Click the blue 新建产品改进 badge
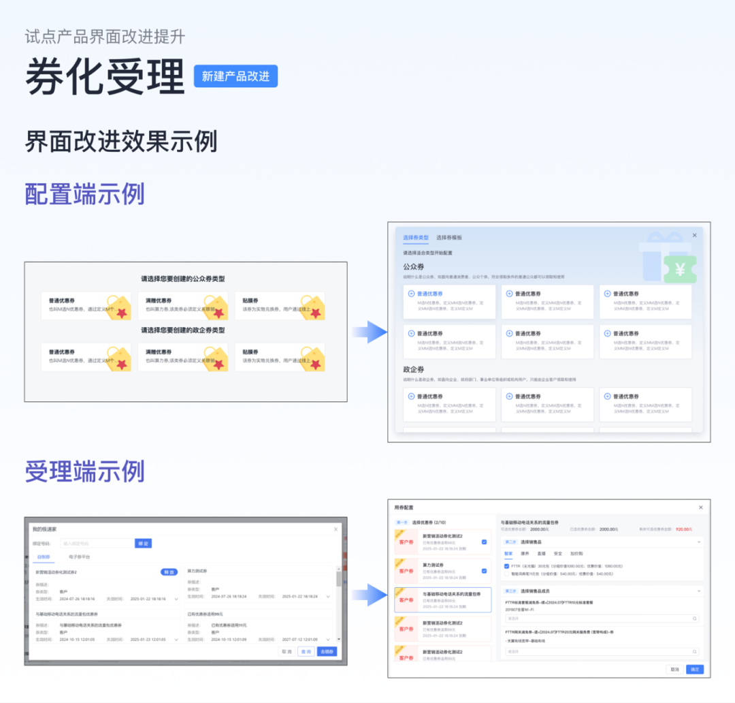(235, 76)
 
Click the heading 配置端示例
(84, 194)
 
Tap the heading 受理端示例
(84, 471)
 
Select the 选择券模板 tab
(449, 238)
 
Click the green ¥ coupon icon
(680, 270)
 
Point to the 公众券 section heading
(414, 266)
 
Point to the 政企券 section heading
(414, 369)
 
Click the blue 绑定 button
(143, 543)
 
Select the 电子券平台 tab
(80, 557)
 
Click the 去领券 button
(327, 651)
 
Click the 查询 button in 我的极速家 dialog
(306, 651)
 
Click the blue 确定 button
(694, 670)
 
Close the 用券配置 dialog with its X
(701, 507)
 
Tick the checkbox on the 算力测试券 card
(484, 571)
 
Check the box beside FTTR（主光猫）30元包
(506, 565)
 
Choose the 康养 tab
(525, 553)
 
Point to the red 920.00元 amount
(683, 529)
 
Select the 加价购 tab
(576, 553)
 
